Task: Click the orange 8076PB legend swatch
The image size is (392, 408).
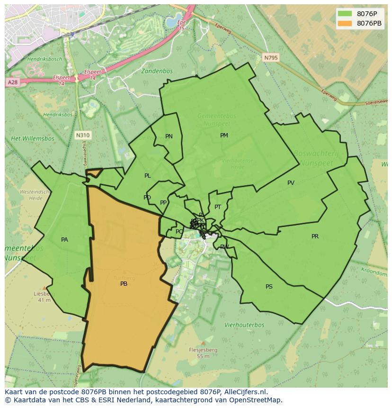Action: pos(345,23)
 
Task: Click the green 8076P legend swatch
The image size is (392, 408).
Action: pos(345,14)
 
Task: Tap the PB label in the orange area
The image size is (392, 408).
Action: pos(124,284)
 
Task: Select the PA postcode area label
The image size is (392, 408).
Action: pos(64,240)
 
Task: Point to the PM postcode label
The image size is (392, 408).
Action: pos(224,136)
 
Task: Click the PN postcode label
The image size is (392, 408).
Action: pos(169,136)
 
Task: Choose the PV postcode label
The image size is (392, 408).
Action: pos(291,183)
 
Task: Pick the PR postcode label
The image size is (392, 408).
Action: pos(315,236)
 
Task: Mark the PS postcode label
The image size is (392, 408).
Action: pos(269,287)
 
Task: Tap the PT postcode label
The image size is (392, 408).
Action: pos(218,207)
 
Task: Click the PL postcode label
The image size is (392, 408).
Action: pos(148,176)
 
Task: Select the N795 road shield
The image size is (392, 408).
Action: pos(271,58)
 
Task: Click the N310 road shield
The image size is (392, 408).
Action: pos(83,136)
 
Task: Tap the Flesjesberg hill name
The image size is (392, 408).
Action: pos(203,350)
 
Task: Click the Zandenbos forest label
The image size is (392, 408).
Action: pos(157,71)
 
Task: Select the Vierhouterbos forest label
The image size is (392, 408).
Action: pos(244,325)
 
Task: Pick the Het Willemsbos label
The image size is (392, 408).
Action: pos(33,139)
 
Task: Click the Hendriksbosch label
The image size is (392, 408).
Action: pos(45,59)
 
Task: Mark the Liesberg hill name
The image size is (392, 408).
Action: pos(45,294)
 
